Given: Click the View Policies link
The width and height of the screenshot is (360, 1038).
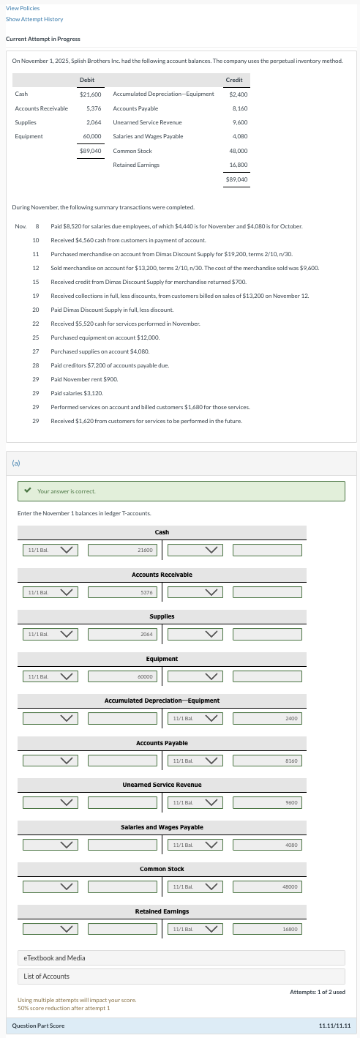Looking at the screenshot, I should [x=23, y=7].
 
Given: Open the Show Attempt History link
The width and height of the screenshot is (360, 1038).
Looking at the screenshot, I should [x=34, y=19].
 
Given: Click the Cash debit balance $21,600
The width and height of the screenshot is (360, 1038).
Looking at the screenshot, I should [x=90, y=94].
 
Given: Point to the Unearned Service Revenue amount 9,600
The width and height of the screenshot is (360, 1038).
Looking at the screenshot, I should [x=239, y=122].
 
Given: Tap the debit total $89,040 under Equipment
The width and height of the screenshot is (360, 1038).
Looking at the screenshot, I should [x=90, y=150].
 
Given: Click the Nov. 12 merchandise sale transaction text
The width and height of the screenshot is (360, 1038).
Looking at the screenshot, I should [x=185, y=269].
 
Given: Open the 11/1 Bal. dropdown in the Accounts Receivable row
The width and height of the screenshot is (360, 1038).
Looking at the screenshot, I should [x=50, y=592].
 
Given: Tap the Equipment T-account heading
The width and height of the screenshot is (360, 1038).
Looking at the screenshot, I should [x=162, y=659].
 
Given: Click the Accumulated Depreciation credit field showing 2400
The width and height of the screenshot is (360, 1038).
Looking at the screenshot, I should [x=267, y=719].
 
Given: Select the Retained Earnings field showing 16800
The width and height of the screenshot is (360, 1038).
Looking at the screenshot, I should [x=267, y=929].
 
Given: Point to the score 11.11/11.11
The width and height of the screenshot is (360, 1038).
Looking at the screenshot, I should [x=334, y=1026].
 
